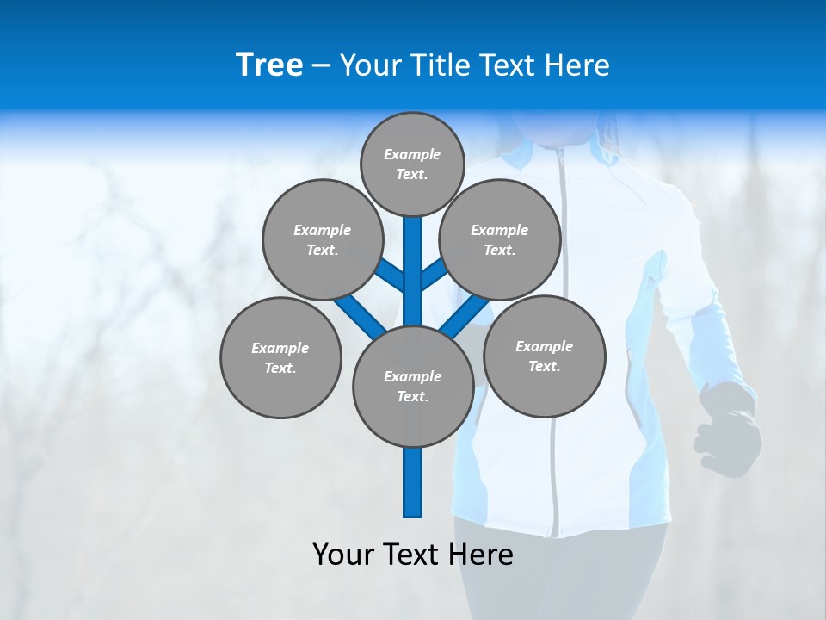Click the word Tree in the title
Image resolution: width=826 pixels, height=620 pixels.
[269, 65]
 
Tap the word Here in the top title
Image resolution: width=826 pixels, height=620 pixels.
[579, 65]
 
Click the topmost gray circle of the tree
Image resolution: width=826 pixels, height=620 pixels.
[412, 164]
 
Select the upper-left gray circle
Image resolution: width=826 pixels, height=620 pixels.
[322, 239]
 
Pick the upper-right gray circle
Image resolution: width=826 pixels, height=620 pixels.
[499, 239]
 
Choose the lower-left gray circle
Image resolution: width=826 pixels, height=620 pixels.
[280, 357]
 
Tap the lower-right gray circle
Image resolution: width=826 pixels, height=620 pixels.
[544, 356]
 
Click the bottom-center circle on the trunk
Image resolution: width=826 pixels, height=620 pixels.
[413, 386]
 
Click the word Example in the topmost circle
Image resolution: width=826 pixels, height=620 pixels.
[412, 154]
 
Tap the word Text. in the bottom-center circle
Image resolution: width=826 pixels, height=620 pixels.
[412, 396]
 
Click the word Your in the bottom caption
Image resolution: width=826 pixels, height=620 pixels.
[342, 554]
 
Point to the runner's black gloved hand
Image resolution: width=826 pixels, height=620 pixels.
[730, 426]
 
